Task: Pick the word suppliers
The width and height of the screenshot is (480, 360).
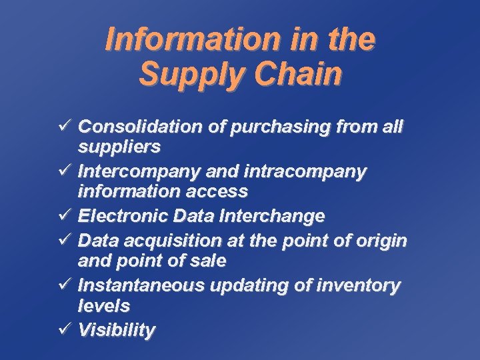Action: [x=119, y=145]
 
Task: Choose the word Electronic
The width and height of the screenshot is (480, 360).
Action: [x=123, y=216]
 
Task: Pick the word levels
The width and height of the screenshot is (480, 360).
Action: [x=103, y=305]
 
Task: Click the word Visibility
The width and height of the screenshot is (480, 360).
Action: [x=116, y=330]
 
